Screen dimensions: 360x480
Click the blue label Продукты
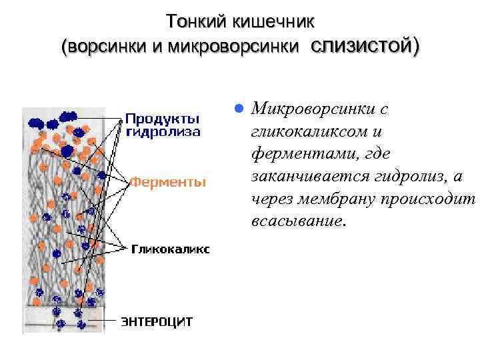pyautogui.click(x=162, y=119)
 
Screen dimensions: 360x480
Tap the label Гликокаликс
pyautogui.click(x=170, y=249)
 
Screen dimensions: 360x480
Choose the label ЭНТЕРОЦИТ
pyautogui.click(x=157, y=321)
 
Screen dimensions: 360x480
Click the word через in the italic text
pyautogui.click(x=270, y=199)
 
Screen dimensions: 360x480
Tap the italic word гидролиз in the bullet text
pyautogui.click(x=407, y=177)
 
